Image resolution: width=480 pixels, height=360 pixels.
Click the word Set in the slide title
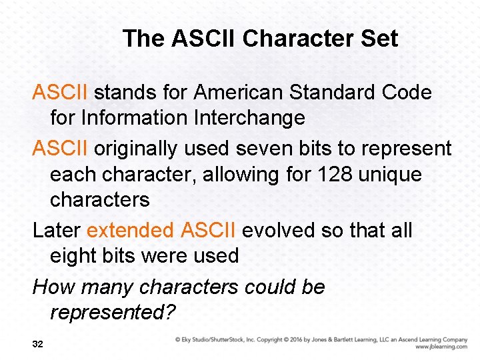click(x=379, y=39)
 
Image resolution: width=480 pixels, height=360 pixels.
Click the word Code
click(x=407, y=93)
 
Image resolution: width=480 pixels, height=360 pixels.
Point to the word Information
click(x=135, y=118)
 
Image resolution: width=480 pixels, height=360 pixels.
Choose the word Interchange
click(x=249, y=118)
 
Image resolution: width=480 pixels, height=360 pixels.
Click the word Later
click(x=57, y=231)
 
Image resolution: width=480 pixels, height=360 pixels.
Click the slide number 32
click(x=38, y=344)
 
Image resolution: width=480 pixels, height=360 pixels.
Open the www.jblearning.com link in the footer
click(x=441, y=347)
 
